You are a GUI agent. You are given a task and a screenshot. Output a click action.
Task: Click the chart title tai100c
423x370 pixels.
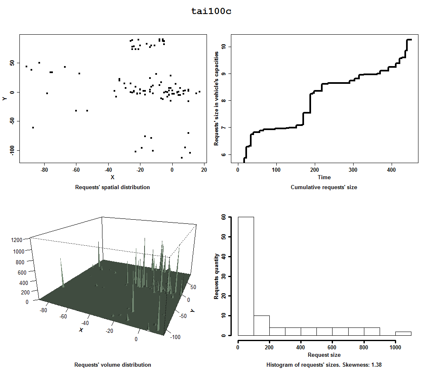(211, 11)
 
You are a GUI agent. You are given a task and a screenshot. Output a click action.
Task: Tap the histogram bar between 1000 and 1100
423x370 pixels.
(403, 333)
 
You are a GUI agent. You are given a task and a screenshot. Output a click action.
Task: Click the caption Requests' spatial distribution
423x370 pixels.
(112, 187)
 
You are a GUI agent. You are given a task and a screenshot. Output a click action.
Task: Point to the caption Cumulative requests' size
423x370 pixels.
(324, 187)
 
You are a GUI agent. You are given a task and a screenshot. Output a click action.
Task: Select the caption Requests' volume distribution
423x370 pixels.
(112, 365)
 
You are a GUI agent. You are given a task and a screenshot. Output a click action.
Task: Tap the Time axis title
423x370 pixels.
(324, 177)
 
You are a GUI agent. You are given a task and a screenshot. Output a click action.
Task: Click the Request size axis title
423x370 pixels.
(324, 355)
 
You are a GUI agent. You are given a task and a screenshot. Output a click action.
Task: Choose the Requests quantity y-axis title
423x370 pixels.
(216, 276)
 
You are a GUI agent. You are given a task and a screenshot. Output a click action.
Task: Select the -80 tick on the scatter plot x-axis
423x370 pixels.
(44, 170)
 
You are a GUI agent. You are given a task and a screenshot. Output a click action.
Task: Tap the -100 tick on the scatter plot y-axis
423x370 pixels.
(12, 150)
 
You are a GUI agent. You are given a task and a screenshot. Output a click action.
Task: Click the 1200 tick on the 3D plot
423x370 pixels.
(17, 240)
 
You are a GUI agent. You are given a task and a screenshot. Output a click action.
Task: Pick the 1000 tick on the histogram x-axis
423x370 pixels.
(395, 347)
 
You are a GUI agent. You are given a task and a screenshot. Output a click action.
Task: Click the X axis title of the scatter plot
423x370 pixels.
(112, 177)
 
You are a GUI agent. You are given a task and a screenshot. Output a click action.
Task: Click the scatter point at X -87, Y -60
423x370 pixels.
(33, 128)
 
